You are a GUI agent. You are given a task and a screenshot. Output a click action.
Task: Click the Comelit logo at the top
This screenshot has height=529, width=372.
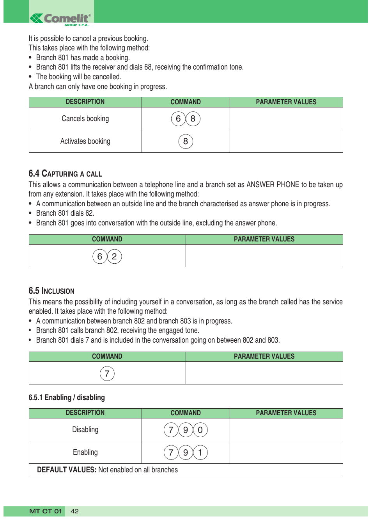pyautogui.click(x=61, y=19)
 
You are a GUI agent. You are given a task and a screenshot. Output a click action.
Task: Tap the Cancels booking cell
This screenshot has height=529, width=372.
pyautogui.click(x=85, y=119)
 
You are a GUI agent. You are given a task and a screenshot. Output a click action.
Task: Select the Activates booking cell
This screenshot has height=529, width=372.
pyautogui.click(x=85, y=141)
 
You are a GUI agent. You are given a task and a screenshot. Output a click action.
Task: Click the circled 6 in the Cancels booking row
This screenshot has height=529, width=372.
pyautogui.click(x=178, y=119)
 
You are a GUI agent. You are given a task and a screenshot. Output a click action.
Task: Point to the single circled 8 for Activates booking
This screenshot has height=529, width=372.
pyautogui.click(x=186, y=141)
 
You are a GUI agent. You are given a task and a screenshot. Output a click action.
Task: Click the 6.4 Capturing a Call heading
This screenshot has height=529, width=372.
pyautogui.click(x=65, y=174)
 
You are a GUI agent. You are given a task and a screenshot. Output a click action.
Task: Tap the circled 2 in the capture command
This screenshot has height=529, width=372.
pyautogui.click(x=114, y=257)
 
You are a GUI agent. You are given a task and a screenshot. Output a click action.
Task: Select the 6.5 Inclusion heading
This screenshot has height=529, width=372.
pyautogui.click(x=51, y=291)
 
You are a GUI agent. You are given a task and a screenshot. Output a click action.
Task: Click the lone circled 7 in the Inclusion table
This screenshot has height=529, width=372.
pyautogui.click(x=107, y=374)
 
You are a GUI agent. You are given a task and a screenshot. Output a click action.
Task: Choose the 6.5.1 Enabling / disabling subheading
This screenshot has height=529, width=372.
pyautogui.click(x=67, y=398)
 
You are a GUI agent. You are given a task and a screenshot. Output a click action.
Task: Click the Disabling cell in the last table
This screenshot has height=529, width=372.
pyautogui.click(x=85, y=430)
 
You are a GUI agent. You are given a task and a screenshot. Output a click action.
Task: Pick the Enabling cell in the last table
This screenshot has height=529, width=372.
pyautogui.click(x=85, y=452)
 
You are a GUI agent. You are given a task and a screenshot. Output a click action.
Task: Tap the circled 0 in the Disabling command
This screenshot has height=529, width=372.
pyautogui.click(x=200, y=430)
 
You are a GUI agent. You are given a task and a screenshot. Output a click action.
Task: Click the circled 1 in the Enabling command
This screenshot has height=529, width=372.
pyautogui.click(x=200, y=453)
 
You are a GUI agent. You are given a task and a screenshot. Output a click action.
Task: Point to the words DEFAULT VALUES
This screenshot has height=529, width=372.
pyautogui.click(x=66, y=470)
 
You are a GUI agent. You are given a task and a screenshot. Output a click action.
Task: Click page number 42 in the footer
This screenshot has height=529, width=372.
pyautogui.click(x=75, y=511)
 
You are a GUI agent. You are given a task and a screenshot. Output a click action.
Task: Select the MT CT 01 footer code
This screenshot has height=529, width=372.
pyautogui.click(x=46, y=511)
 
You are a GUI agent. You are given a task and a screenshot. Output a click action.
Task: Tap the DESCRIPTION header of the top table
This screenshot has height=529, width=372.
pyautogui.click(x=85, y=102)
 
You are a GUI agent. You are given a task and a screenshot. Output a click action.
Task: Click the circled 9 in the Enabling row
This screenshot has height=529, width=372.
pyautogui.click(x=186, y=453)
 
